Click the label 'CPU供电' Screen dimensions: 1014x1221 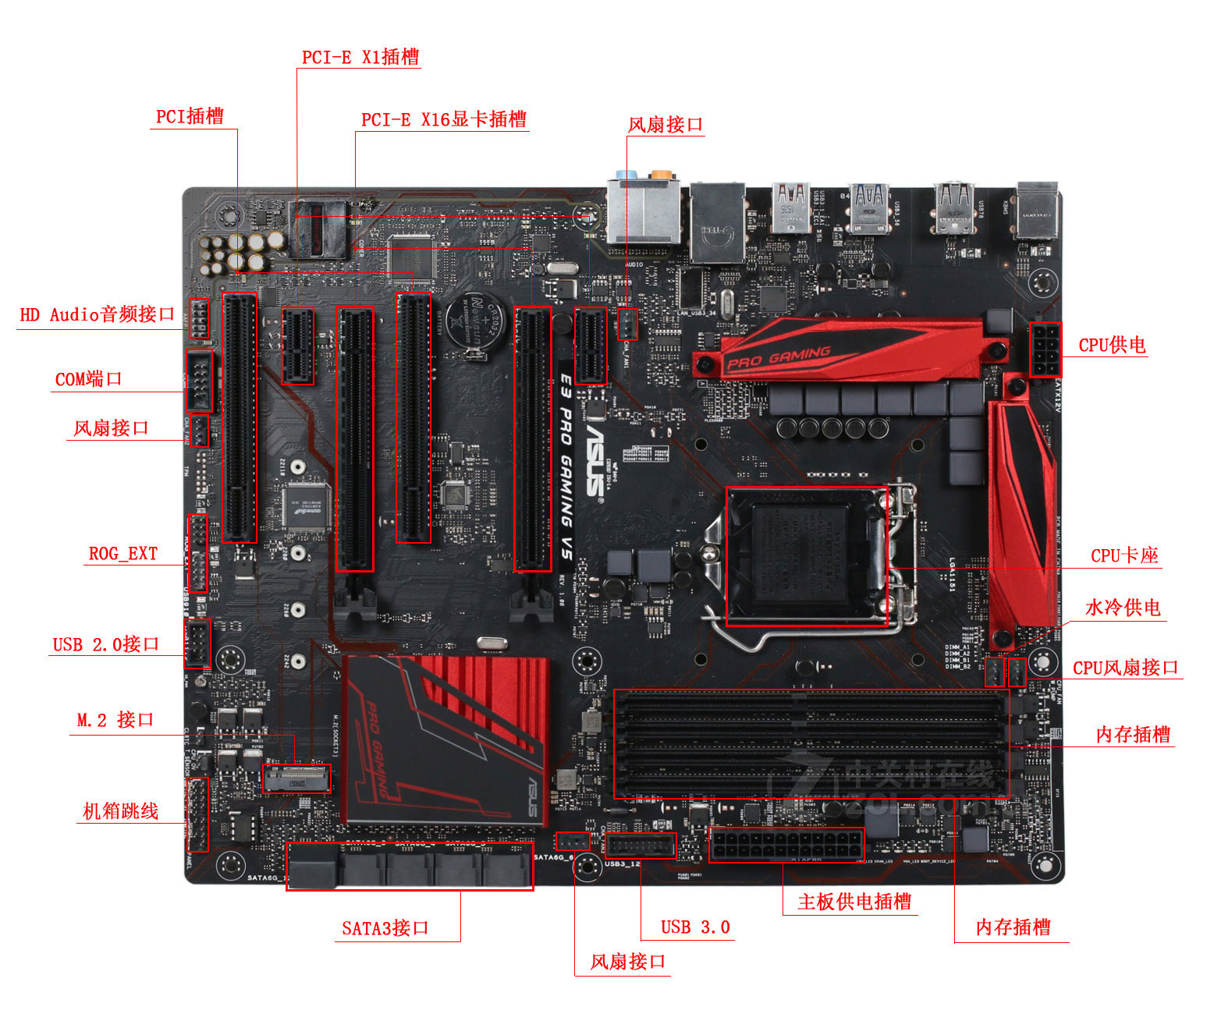tap(1112, 345)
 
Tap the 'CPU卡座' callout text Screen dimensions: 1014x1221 tap(1124, 555)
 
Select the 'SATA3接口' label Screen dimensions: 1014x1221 tap(385, 928)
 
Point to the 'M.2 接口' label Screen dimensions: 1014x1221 tap(115, 720)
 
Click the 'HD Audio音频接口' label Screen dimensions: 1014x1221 tap(98, 314)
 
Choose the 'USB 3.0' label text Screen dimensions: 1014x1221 tap(695, 927)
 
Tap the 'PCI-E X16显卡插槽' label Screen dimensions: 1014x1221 tap(443, 119)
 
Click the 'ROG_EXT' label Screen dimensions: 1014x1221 tap(123, 554)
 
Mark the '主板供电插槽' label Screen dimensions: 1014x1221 tap(854, 902)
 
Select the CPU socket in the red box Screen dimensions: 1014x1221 tap(806, 556)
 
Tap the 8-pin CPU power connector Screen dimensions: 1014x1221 tap(1045, 349)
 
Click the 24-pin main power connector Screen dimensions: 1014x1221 tap(786, 845)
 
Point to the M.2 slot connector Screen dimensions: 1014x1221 tap(296, 778)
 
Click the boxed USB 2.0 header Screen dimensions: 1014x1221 tap(197, 643)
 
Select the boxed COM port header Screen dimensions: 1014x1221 tap(199, 381)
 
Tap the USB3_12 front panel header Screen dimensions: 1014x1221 tap(640, 846)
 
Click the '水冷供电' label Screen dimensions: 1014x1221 tap(1123, 608)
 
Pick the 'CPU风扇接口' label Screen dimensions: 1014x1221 tap(1125, 668)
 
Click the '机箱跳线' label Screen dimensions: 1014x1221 tap(121, 811)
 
